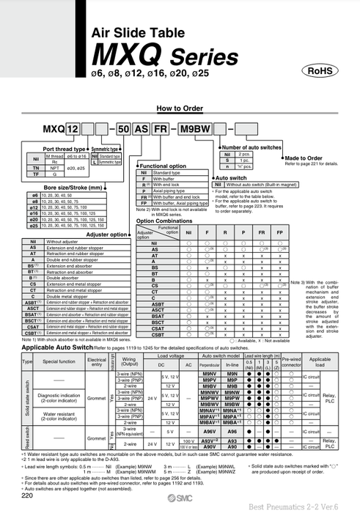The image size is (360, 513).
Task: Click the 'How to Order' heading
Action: tap(179, 108)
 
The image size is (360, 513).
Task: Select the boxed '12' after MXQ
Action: tap(73, 130)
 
